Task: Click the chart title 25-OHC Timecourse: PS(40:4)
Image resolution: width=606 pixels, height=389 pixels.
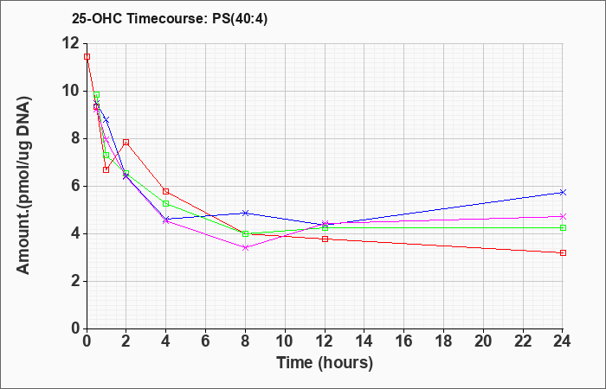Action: click(170, 19)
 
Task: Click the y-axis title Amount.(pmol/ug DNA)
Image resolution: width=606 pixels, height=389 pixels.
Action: click(23, 186)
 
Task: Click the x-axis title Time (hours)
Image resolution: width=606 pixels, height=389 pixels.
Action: click(325, 363)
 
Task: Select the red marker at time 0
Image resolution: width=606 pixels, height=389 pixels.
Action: click(87, 57)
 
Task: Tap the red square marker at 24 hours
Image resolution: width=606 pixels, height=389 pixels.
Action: click(563, 252)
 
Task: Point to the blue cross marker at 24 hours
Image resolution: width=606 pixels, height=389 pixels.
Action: click(563, 192)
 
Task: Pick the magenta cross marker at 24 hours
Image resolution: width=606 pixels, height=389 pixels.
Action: click(563, 216)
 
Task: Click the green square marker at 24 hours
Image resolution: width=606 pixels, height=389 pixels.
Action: click(563, 227)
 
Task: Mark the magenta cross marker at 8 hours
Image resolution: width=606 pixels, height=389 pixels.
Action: click(245, 248)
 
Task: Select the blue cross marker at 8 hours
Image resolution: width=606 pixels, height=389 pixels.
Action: click(245, 213)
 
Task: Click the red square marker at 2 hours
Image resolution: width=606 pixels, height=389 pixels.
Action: click(126, 143)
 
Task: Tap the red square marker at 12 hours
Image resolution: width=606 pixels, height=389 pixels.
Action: click(325, 239)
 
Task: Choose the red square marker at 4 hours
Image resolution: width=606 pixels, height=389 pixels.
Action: click(166, 191)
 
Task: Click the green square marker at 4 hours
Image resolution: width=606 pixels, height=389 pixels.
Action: click(166, 203)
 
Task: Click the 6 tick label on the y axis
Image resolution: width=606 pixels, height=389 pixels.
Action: click(74, 186)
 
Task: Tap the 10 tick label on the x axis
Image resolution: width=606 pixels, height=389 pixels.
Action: click(285, 341)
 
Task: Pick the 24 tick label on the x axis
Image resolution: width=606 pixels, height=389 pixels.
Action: click(563, 341)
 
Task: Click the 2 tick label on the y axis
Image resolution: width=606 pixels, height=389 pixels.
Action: click(74, 281)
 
